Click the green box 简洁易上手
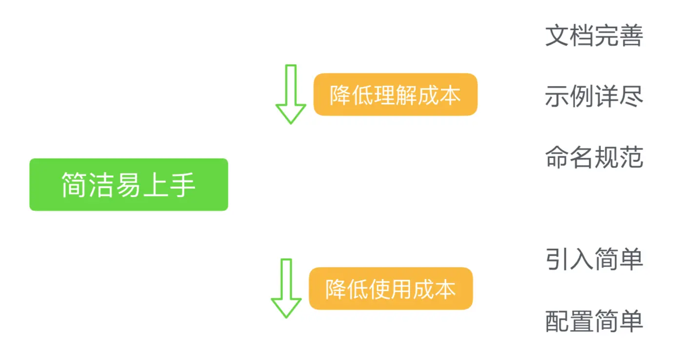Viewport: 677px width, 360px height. click(x=129, y=184)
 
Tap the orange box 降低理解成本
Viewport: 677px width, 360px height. click(x=395, y=95)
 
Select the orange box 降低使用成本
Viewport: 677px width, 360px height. click(x=391, y=289)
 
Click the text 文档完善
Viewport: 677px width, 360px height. click(x=594, y=36)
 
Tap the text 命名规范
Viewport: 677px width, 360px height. click(x=594, y=158)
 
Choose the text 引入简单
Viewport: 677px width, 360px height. click(x=594, y=259)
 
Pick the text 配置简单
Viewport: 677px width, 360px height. click(x=594, y=321)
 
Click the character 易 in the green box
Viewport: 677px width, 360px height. click(x=128, y=185)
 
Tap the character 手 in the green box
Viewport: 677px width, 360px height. click(x=183, y=185)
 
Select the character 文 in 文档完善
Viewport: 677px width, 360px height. click(x=557, y=36)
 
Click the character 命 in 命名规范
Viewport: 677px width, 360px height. click(x=557, y=158)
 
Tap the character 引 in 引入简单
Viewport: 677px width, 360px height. click(x=557, y=259)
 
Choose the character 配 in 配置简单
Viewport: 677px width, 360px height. click(x=557, y=321)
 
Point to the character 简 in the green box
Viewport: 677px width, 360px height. click(x=74, y=185)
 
